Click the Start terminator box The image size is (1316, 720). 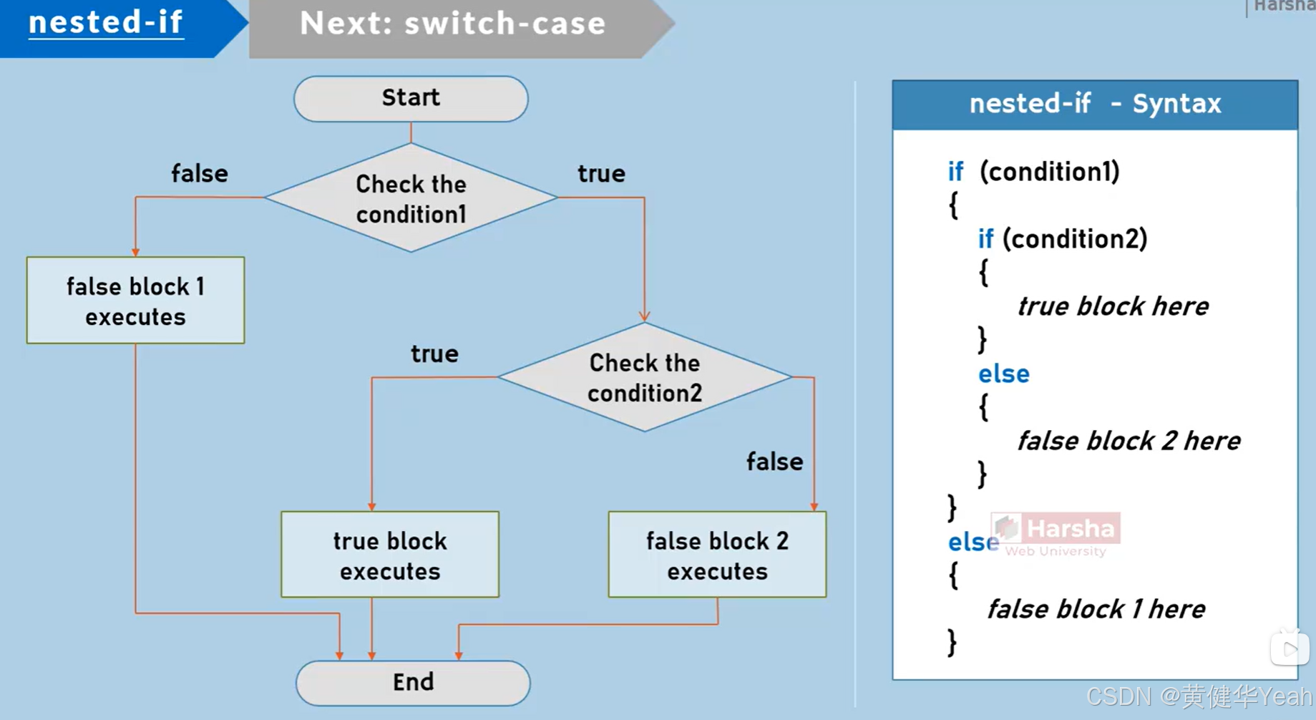pyautogui.click(x=411, y=99)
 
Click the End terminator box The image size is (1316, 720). pyautogui.click(x=413, y=682)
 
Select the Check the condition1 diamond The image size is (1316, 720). pyautogui.click(x=411, y=198)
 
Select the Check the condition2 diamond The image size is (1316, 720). pyautogui.click(x=644, y=377)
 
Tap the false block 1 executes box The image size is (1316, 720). pyautogui.click(x=135, y=301)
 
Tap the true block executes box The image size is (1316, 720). pyautogui.click(x=390, y=555)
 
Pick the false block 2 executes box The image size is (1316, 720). pyautogui.click(x=717, y=555)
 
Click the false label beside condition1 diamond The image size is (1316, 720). pyautogui.click(x=199, y=174)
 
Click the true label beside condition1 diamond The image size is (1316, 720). pyautogui.click(x=601, y=174)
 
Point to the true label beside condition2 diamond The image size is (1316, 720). pyautogui.click(x=434, y=354)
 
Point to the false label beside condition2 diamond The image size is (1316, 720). pyautogui.click(x=774, y=462)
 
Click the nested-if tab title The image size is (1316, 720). pyautogui.click(x=106, y=23)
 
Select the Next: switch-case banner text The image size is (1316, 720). pyautogui.click(x=452, y=24)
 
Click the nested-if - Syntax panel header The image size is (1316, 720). pyautogui.click(x=1094, y=104)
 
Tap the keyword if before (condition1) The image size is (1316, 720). pyautogui.click(x=955, y=172)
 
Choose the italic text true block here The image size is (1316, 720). pyautogui.click(x=1113, y=306)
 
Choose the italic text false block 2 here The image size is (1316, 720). pyautogui.click(x=1129, y=441)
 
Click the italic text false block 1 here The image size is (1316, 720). pyautogui.click(x=1096, y=609)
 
